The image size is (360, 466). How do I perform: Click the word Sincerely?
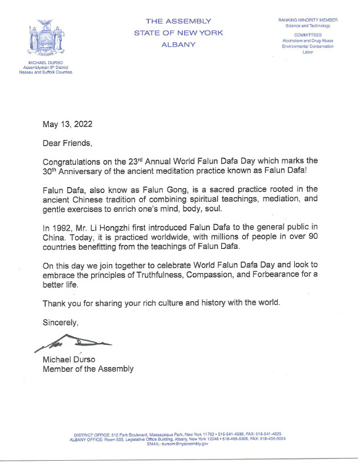coord(60,322)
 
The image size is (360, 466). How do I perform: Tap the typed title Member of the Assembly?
coord(88,369)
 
